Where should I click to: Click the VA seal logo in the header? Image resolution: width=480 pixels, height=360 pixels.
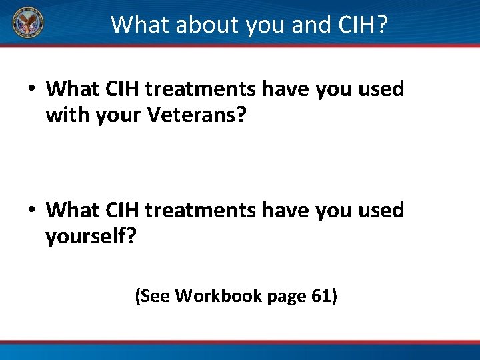28,24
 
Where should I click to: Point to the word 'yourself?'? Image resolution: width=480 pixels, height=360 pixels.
91,237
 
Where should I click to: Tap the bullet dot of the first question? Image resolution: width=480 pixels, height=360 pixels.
32,89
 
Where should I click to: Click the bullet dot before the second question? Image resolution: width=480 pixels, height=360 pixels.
32,211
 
